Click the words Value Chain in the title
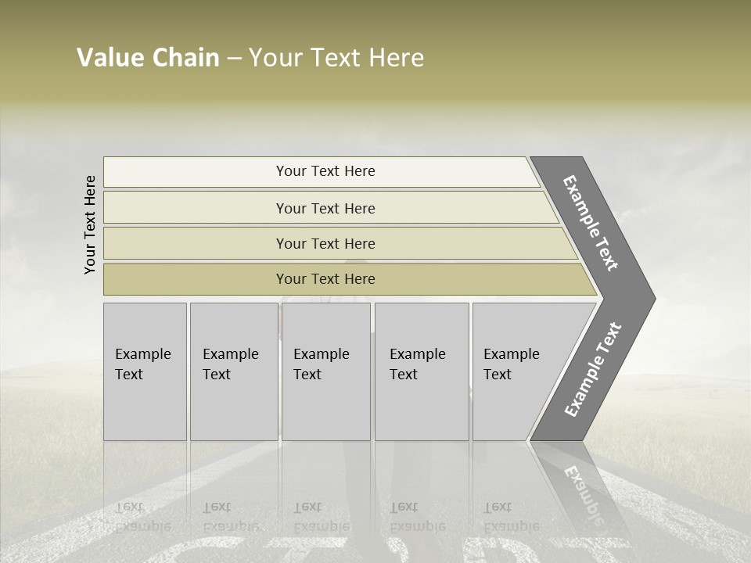pos(148,58)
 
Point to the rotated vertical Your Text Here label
pos(90,225)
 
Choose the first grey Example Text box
pos(145,371)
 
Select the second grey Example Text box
pos(233,371)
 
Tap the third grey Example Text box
pos(325,371)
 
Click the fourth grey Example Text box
pos(422,371)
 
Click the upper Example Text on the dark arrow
pos(591,223)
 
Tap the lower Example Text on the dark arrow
pos(593,370)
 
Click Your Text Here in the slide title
pos(336,58)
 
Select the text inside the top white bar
pos(325,171)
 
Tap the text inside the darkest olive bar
pos(325,279)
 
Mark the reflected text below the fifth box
pos(510,516)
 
